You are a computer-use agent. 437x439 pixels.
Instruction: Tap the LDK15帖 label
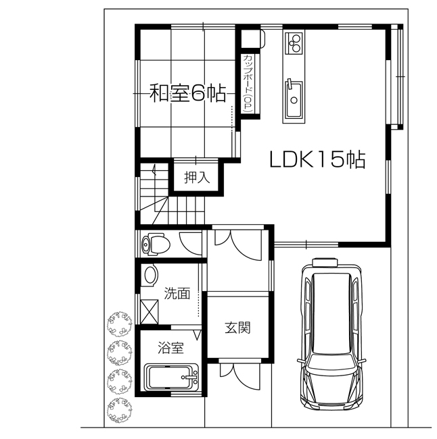tap(317, 160)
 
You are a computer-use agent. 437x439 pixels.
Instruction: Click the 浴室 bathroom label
tap(170, 348)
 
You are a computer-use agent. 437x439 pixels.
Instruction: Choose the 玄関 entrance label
tap(238, 328)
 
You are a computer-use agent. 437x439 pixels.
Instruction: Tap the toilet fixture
tap(155, 242)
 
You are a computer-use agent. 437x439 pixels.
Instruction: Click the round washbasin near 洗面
tap(150, 274)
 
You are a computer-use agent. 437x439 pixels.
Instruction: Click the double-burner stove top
tap(295, 44)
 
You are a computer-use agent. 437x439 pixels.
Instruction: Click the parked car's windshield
tap(331, 369)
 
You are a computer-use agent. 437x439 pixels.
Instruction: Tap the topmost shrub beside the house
tap(119, 325)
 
